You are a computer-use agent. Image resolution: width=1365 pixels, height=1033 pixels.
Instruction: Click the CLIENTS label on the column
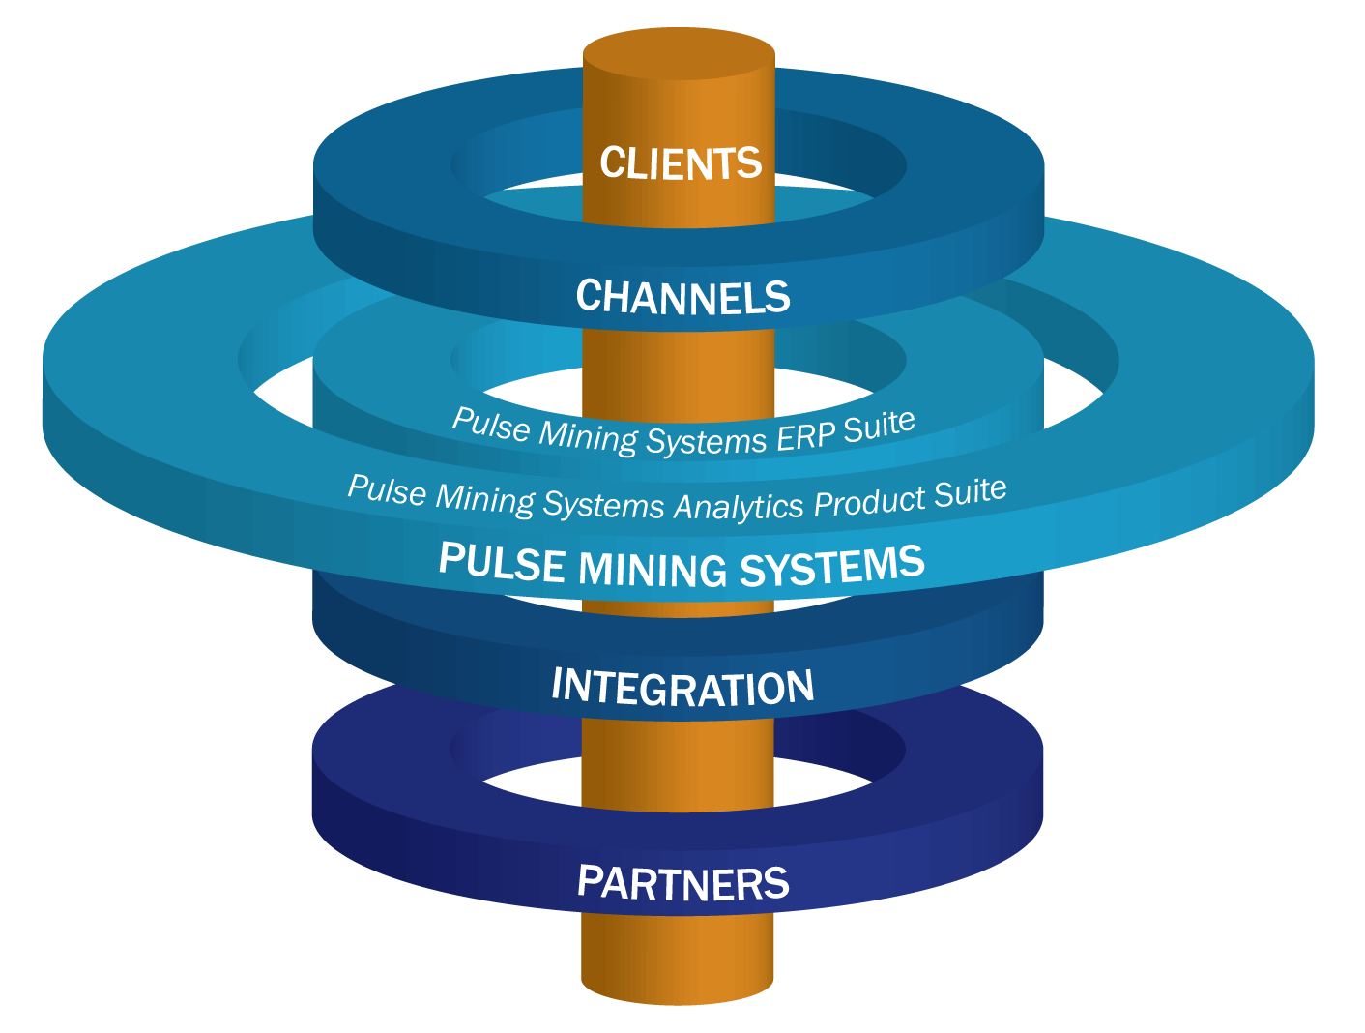point(681,162)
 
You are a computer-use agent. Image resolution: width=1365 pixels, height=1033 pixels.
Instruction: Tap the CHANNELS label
point(682,297)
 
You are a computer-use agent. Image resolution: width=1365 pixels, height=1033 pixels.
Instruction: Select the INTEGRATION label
point(682,687)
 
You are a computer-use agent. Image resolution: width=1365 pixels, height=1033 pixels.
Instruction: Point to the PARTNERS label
point(682,883)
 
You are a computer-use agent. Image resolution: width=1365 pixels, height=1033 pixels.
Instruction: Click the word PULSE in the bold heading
point(501,560)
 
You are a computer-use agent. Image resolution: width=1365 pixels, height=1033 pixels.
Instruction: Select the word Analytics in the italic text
point(739,505)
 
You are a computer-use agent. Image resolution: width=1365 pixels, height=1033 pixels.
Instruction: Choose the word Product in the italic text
point(869,501)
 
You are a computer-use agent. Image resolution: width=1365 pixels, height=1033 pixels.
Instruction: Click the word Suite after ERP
point(879,425)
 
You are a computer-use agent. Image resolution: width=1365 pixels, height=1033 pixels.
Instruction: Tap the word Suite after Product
point(970,492)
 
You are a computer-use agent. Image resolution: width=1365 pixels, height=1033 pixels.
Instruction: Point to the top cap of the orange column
point(679,53)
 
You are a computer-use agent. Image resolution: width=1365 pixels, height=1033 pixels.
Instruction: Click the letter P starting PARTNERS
point(589,880)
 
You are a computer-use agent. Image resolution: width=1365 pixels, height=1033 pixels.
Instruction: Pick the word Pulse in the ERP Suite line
point(491,425)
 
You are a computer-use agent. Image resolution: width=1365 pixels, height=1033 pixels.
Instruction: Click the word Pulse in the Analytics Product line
point(386,490)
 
